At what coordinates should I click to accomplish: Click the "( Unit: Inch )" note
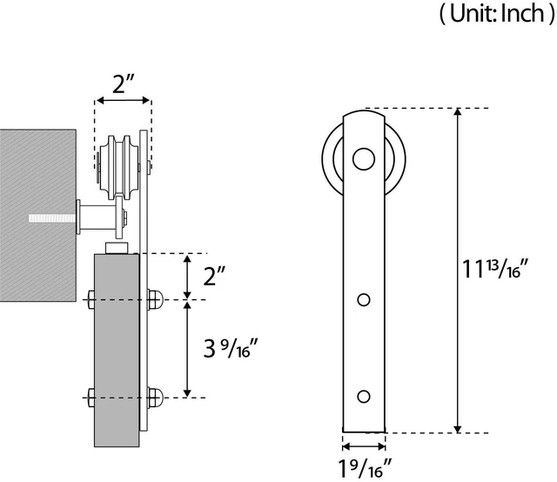[x=497, y=14]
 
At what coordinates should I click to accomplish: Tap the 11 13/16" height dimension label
[x=495, y=269]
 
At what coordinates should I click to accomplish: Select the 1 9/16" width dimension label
[x=365, y=468]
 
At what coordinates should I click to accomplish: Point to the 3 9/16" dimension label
[x=231, y=348]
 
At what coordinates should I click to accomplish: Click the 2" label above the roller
[x=124, y=84]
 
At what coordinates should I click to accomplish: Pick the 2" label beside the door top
[x=214, y=276]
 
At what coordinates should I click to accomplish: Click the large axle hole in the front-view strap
[x=364, y=158]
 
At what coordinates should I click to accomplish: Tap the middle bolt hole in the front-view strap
[x=364, y=300]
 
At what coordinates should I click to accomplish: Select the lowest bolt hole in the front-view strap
[x=364, y=397]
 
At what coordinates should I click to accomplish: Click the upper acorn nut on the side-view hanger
[x=156, y=300]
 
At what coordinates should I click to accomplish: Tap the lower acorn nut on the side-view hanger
[x=156, y=398]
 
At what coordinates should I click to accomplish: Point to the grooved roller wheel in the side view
[x=119, y=167]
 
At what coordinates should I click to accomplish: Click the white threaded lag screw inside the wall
[x=52, y=218]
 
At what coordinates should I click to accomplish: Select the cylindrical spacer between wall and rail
[x=96, y=218]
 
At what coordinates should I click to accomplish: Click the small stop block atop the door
[x=117, y=248]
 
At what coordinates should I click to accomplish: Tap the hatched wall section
[x=38, y=215]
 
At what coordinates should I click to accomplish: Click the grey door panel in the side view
[x=117, y=350]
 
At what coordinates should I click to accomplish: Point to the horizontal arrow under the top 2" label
[x=124, y=101]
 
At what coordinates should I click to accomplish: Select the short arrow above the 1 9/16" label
[x=364, y=446]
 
